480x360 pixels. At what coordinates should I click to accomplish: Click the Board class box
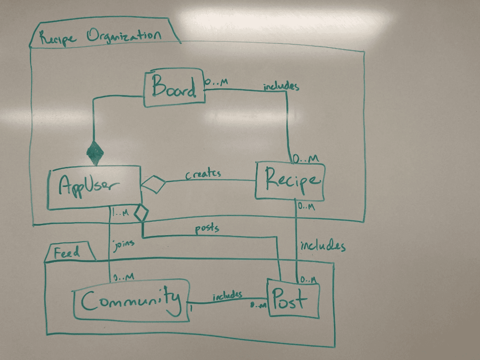[174, 88]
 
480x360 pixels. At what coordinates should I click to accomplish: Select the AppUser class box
[93, 188]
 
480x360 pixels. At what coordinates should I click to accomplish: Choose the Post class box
[293, 299]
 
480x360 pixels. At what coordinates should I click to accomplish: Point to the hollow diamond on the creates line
[153, 184]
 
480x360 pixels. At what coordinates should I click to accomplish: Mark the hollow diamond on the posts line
[141, 213]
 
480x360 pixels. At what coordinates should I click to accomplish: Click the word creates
[203, 174]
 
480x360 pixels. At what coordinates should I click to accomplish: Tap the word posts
[207, 228]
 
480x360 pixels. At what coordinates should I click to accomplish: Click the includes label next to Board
[281, 86]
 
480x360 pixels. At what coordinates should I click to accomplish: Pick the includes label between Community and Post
[227, 296]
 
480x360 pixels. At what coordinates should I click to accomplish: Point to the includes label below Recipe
[323, 246]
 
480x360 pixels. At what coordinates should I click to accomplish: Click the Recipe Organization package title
[99, 37]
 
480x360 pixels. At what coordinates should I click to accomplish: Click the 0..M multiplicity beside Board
[216, 82]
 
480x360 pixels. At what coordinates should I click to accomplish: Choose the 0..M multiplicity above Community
[124, 277]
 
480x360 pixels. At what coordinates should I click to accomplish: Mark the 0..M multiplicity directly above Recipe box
[306, 159]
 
